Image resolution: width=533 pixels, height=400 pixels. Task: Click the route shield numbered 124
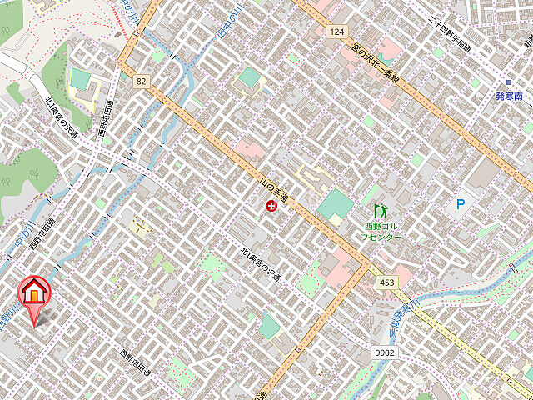pos(336,31)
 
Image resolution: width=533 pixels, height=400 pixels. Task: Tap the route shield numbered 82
pos(140,80)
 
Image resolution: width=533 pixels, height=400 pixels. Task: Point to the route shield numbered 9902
pos(385,352)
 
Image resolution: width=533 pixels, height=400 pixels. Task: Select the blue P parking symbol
pos(461,204)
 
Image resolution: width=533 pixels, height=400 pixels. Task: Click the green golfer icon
pos(382,210)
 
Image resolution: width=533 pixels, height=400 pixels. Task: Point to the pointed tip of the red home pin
pos(35,323)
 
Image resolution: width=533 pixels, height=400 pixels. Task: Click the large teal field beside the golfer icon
pos(335,204)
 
